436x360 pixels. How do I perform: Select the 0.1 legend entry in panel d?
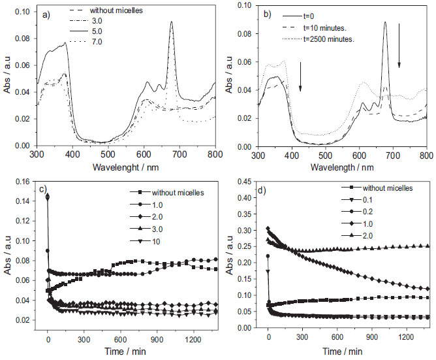[x=368, y=199]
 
